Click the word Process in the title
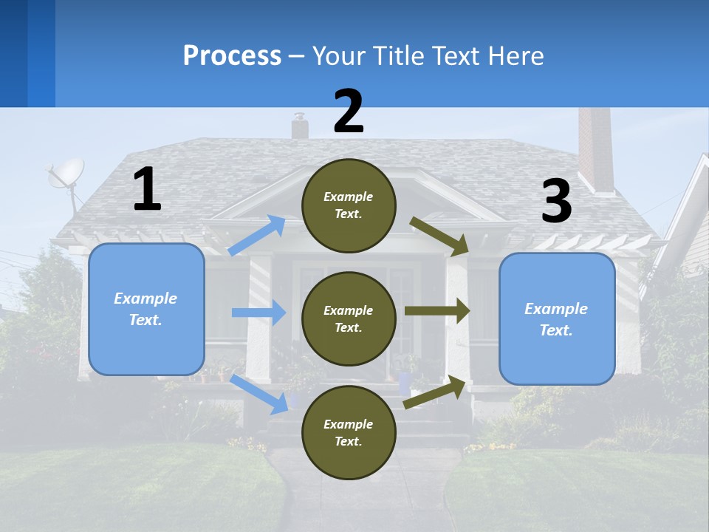pos(232,56)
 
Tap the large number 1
pos(147,189)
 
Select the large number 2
pos(349,112)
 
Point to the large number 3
pos(556,202)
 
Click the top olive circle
pos(349,205)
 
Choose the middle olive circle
pos(349,318)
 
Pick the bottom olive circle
pos(349,432)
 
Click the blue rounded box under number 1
pos(146,309)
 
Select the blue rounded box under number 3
pos(557,319)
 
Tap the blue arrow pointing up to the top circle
pos(257,235)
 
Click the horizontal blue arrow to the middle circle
pos(258,313)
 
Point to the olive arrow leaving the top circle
pos(439,236)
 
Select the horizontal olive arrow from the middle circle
pos(436,311)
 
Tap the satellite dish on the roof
pos(66,174)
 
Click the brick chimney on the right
pos(595,151)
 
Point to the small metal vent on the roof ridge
pos(299,126)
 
